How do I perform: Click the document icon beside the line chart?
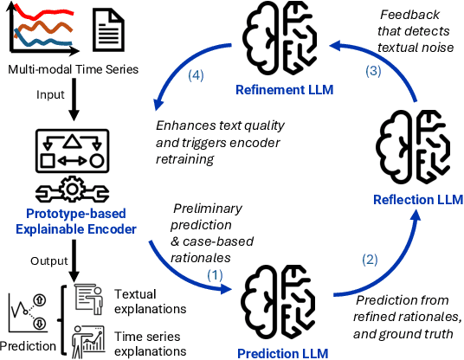point(106,29)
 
